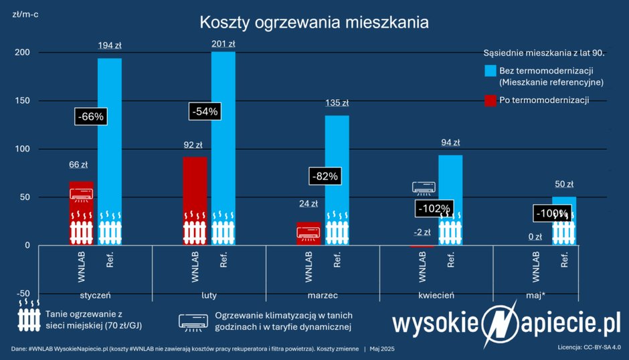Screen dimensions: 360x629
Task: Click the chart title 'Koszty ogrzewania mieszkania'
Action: tap(314, 22)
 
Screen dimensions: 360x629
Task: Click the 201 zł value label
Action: tap(223, 44)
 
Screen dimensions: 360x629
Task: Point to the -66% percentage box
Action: tap(91, 116)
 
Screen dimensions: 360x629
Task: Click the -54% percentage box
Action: tap(204, 112)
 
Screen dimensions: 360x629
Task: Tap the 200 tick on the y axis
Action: tap(23, 53)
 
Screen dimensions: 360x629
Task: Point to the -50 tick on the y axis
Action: tap(23, 294)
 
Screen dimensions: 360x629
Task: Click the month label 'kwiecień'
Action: tap(437, 294)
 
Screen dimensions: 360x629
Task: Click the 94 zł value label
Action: tap(450, 143)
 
